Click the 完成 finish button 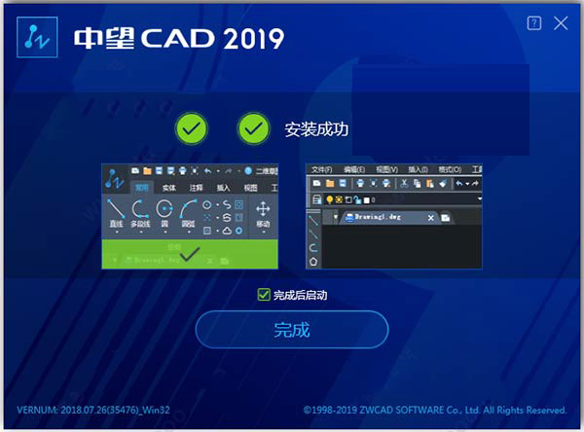pos(292,329)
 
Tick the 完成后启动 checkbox pos(263,294)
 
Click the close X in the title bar pos(561,23)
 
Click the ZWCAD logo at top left pos(37,38)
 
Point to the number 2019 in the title pos(251,39)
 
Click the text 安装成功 pos(316,127)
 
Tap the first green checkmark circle pos(192,127)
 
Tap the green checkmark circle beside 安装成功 pos(254,127)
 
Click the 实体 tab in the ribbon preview pos(169,187)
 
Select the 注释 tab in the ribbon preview pos(197,187)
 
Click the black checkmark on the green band pos(191,254)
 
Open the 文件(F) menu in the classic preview pos(321,169)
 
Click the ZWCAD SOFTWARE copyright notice pos(435,410)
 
